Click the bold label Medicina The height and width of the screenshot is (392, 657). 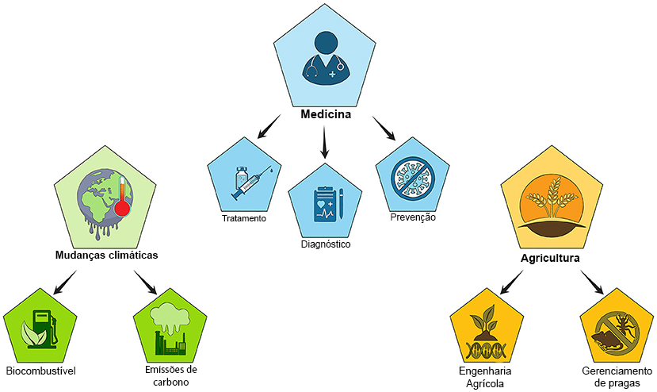[x=326, y=114]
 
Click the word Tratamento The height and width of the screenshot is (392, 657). [x=244, y=219]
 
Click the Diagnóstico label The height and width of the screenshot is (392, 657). [x=326, y=244]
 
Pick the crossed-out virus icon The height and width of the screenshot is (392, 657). [x=413, y=179]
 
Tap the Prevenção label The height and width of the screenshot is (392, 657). [x=413, y=217]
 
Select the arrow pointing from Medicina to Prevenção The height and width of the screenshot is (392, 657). [x=384, y=128]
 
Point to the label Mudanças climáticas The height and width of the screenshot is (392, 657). [x=106, y=256]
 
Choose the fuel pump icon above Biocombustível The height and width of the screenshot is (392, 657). [x=40, y=329]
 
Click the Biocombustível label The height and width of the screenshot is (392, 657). [x=40, y=371]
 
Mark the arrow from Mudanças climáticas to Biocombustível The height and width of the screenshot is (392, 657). [x=65, y=282]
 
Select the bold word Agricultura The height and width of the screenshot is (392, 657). [x=550, y=258]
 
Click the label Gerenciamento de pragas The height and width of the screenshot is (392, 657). [x=617, y=377]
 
